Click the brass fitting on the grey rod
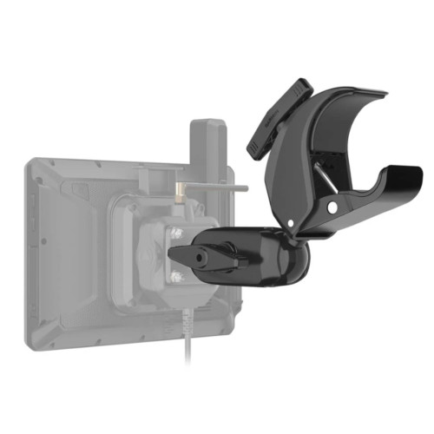[178, 187]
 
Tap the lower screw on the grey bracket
[177, 277]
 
